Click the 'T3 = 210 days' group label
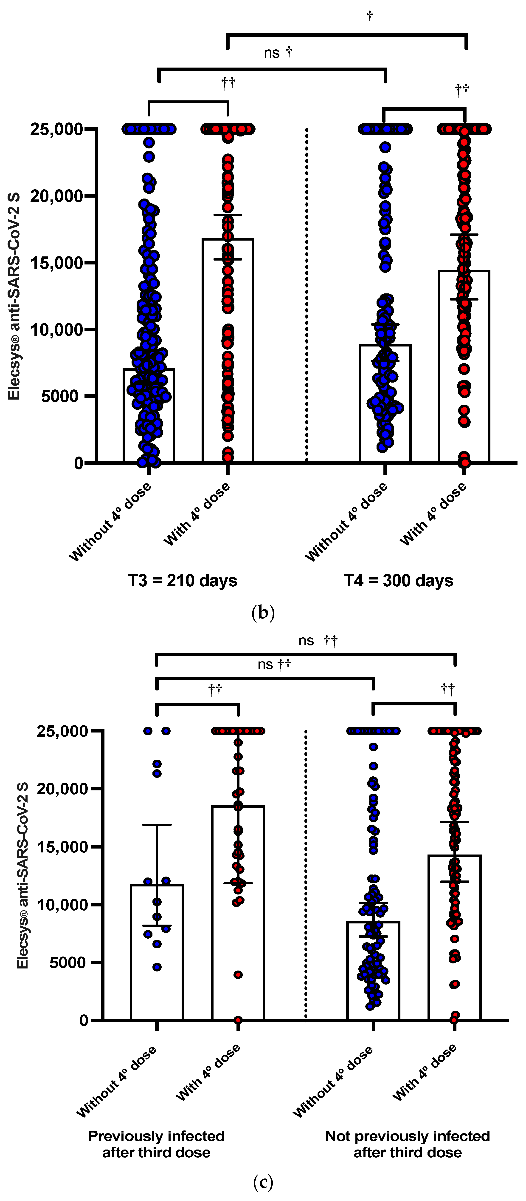(x=183, y=581)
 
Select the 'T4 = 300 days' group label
(x=398, y=581)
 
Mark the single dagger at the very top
(x=369, y=17)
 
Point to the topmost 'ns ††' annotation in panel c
(x=318, y=641)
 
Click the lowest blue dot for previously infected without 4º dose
(x=157, y=967)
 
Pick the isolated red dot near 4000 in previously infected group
(x=238, y=975)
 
